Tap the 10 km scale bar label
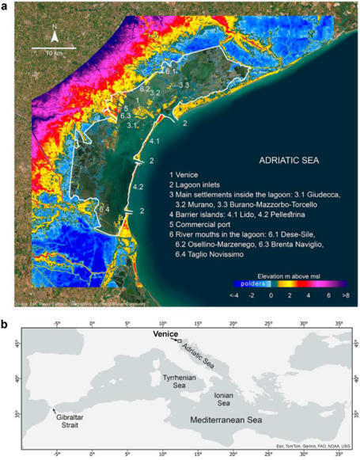[x=53, y=55]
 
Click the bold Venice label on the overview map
[x=166, y=335]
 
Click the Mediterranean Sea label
[x=234, y=420]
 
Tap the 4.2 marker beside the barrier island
[x=138, y=187]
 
